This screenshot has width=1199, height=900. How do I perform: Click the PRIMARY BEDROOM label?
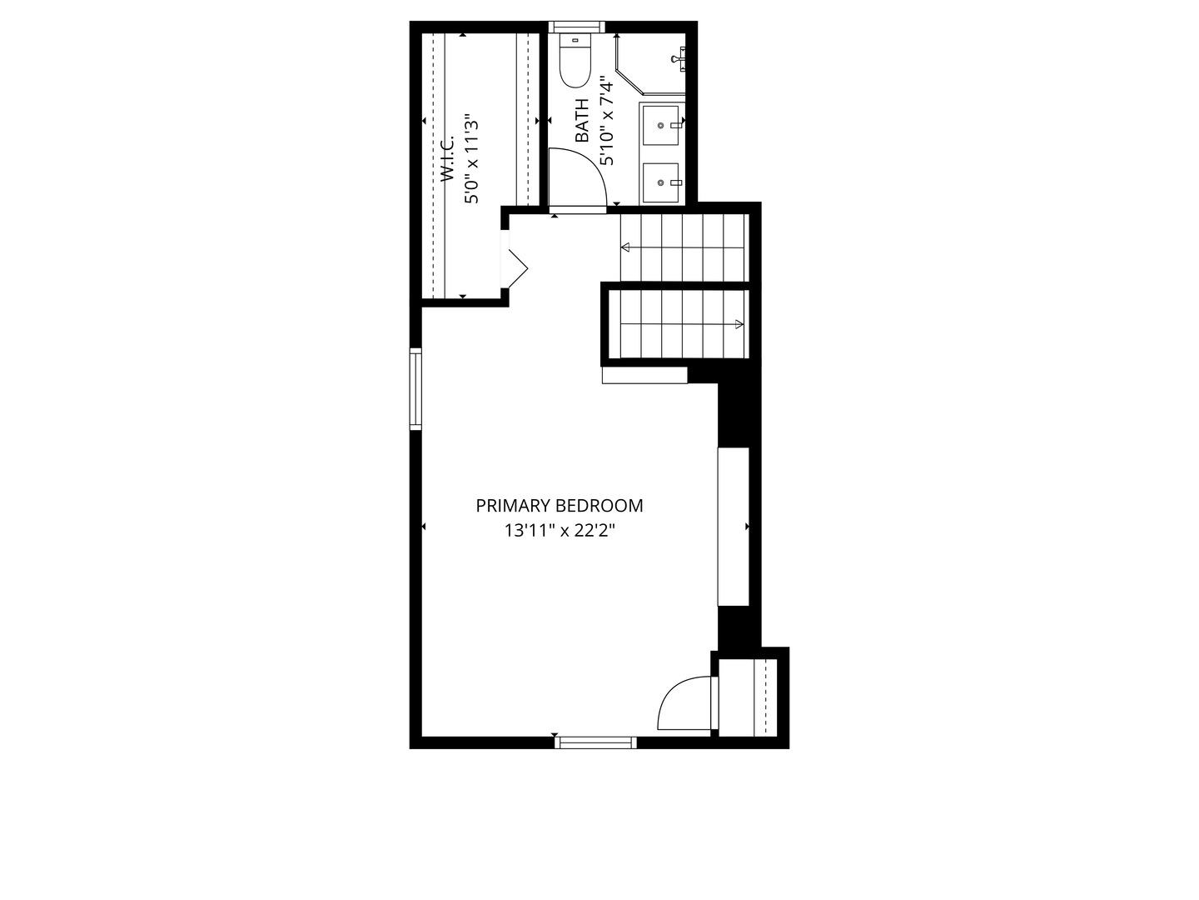point(559,506)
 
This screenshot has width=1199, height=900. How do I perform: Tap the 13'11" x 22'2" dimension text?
point(560,530)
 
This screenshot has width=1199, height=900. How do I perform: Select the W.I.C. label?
point(448,159)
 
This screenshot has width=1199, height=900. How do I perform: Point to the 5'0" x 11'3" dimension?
point(471,158)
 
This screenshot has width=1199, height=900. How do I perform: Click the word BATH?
point(582,120)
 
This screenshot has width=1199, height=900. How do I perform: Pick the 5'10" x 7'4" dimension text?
point(607,124)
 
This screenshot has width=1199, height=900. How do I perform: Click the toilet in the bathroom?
point(575,61)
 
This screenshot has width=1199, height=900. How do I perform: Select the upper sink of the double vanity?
point(661,125)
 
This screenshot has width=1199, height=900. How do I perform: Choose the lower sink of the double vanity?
point(661,182)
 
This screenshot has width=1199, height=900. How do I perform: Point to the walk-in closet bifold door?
point(517,268)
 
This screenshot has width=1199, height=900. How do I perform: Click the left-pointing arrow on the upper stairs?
point(683,247)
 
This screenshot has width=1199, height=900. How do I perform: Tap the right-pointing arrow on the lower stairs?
point(682,325)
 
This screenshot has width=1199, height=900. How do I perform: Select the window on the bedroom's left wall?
point(415,389)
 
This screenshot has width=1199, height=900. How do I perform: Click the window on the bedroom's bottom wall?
point(595,742)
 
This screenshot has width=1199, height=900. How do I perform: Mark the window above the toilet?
point(576,27)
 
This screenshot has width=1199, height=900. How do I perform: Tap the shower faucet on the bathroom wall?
point(679,58)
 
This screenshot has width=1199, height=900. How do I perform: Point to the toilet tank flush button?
point(575,40)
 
